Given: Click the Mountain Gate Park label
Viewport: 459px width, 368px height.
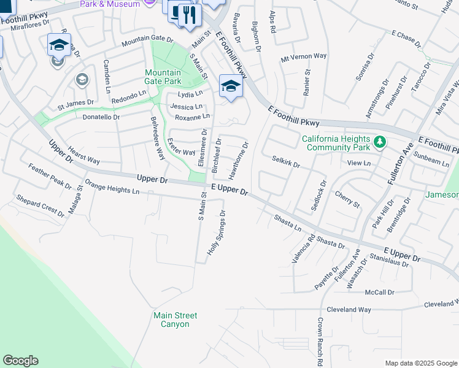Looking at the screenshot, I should click(163, 77).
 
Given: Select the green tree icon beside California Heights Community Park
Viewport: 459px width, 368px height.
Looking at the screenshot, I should click(380, 142).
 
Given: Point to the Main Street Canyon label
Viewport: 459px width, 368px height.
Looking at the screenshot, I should click(175, 320).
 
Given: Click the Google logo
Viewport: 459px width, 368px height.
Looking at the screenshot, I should click(20, 361).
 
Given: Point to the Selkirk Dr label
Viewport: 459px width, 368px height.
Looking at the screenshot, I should click(285, 162).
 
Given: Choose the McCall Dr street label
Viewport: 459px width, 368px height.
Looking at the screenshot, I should click(379, 293).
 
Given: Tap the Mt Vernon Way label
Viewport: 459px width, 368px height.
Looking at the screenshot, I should click(303, 56).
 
